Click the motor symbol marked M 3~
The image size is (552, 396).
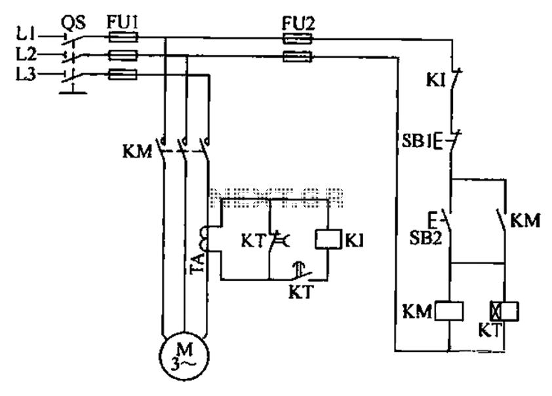coord(184,355)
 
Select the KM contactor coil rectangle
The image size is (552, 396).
coord(449,311)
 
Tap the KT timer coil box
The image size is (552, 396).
coord(505,311)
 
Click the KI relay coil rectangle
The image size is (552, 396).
coord(328,240)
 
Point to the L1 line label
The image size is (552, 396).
coord(26,34)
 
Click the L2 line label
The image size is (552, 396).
coord(26,54)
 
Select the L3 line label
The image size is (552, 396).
coord(26,74)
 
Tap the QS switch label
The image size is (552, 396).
coord(73,23)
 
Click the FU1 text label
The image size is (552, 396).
coord(122,22)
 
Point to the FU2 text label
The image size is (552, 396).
coord(298,24)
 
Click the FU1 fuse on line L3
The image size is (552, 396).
coord(122,75)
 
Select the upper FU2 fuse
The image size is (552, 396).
coord(298,39)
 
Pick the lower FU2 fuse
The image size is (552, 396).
coord(298,56)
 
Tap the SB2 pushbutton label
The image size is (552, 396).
coord(425,238)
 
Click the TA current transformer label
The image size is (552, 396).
coord(197,264)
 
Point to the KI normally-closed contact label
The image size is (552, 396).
coord(436,81)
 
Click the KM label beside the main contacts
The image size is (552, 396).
coord(137,152)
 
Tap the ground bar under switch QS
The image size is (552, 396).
coord(73,92)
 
